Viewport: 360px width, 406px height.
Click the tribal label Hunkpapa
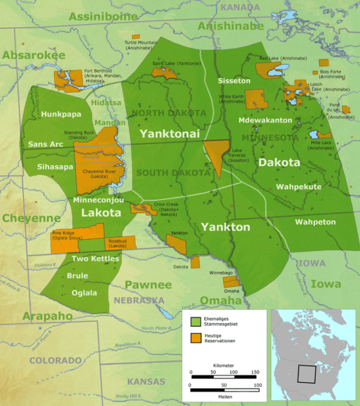[x=57, y=113]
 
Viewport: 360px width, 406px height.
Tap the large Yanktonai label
[x=170, y=133]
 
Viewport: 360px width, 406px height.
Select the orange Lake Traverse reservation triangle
[x=216, y=156]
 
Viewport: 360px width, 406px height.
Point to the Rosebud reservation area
[x=120, y=243]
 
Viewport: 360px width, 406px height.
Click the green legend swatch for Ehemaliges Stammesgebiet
[x=195, y=321]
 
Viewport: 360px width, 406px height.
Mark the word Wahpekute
[x=298, y=187]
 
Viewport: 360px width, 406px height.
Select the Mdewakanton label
[x=265, y=120]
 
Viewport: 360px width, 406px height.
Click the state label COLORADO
[x=55, y=360]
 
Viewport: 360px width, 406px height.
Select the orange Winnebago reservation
[x=231, y=281]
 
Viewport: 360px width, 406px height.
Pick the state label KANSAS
[x=146, y=381]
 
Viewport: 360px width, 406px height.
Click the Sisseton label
[x=234, y=80]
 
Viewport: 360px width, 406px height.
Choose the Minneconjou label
[x=99, y=199]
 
